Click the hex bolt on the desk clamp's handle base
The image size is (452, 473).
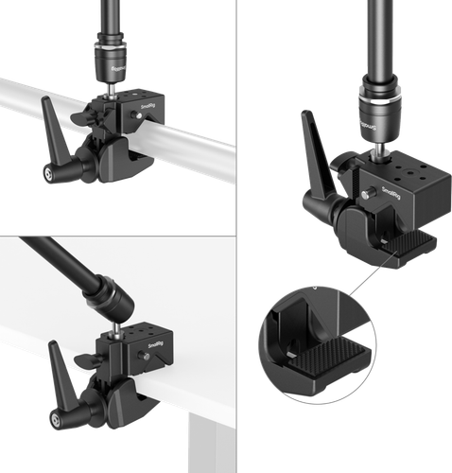tap(63, 415)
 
